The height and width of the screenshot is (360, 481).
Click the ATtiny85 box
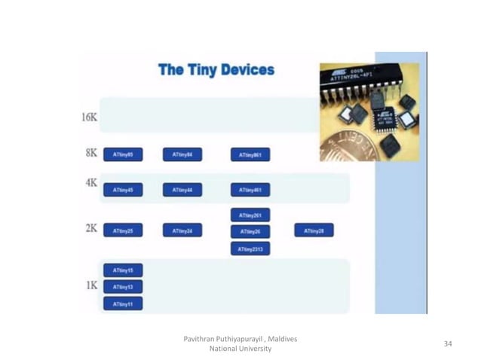(123, 154)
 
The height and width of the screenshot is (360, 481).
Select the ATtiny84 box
(182, 154)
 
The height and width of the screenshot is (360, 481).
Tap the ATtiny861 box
(250, 154)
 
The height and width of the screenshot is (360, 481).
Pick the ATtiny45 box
(123, 190)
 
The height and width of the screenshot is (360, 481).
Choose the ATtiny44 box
(182, 190)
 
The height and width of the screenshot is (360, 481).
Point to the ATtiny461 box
(250, 190)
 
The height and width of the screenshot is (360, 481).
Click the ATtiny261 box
(250, 215)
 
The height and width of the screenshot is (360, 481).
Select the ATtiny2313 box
(250, 249)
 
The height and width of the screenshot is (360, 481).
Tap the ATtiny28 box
(314, 230)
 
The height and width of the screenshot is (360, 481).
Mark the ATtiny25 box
(123, 231)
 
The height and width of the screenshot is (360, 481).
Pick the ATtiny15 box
(123, 270)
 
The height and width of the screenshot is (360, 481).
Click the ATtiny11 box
(123, 304)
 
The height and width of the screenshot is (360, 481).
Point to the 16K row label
(89, 117)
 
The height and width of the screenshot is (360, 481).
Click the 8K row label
(91, 152)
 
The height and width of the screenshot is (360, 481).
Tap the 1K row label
(91, 285)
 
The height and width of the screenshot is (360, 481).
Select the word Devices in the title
(247, 71)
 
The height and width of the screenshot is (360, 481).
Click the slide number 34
(448, 343)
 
